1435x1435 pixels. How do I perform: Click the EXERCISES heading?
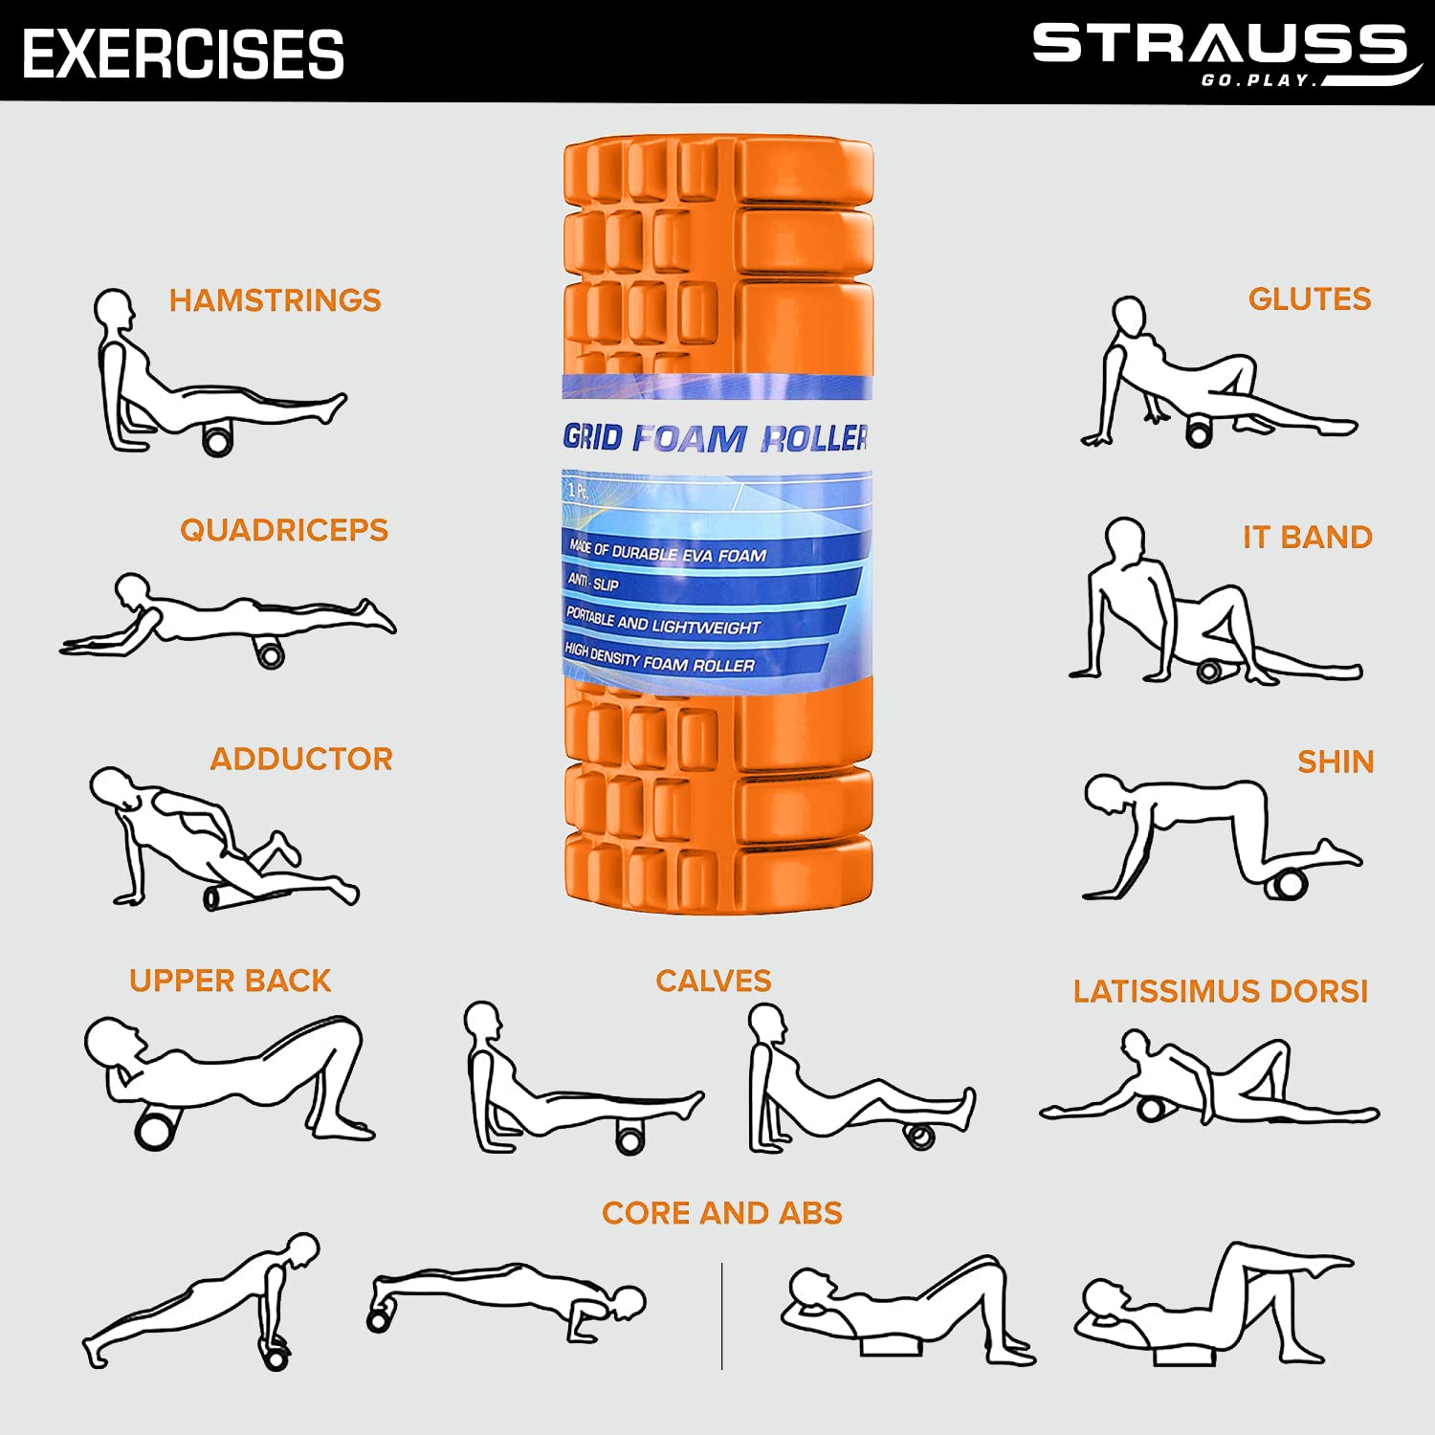pyautogui.click(x=183, y=54)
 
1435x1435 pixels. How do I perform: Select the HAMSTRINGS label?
pyautogui.click(x=275, y=300)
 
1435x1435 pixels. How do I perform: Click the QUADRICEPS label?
pyautogui.click(x=284, y=530)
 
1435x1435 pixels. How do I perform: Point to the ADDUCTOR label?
pyautogui.click(x=301, y=760)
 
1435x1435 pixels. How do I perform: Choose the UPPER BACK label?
pyautogui.click(x=230, y=981)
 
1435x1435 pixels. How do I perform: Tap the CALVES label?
pyautogui.click(x=713, y=981)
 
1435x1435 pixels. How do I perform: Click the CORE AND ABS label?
pyautogui.click(x=722, y=1213)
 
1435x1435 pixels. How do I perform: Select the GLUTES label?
pyautogui.click(x=1310, y=299)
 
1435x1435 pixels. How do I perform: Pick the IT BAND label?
pyautogui.click(x=1308, y=538)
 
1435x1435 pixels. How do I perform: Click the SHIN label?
pyautogui.click(x=1336, y=762)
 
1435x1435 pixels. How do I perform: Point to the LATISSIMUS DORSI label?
pyautogui.click(x=1221, y=992)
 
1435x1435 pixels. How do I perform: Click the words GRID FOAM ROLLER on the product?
pyautogui.click(x=716, y=438)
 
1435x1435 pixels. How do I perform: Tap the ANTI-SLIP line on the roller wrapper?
pyautogui.click(x=593, y=583)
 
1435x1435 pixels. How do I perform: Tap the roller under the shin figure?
pyautogui.click(x=1288, y=881)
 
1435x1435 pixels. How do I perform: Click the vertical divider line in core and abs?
pyautogui.click(x=722, y=1315)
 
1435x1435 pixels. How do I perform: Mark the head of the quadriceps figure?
pyautogui.click(x=132, y=590)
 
